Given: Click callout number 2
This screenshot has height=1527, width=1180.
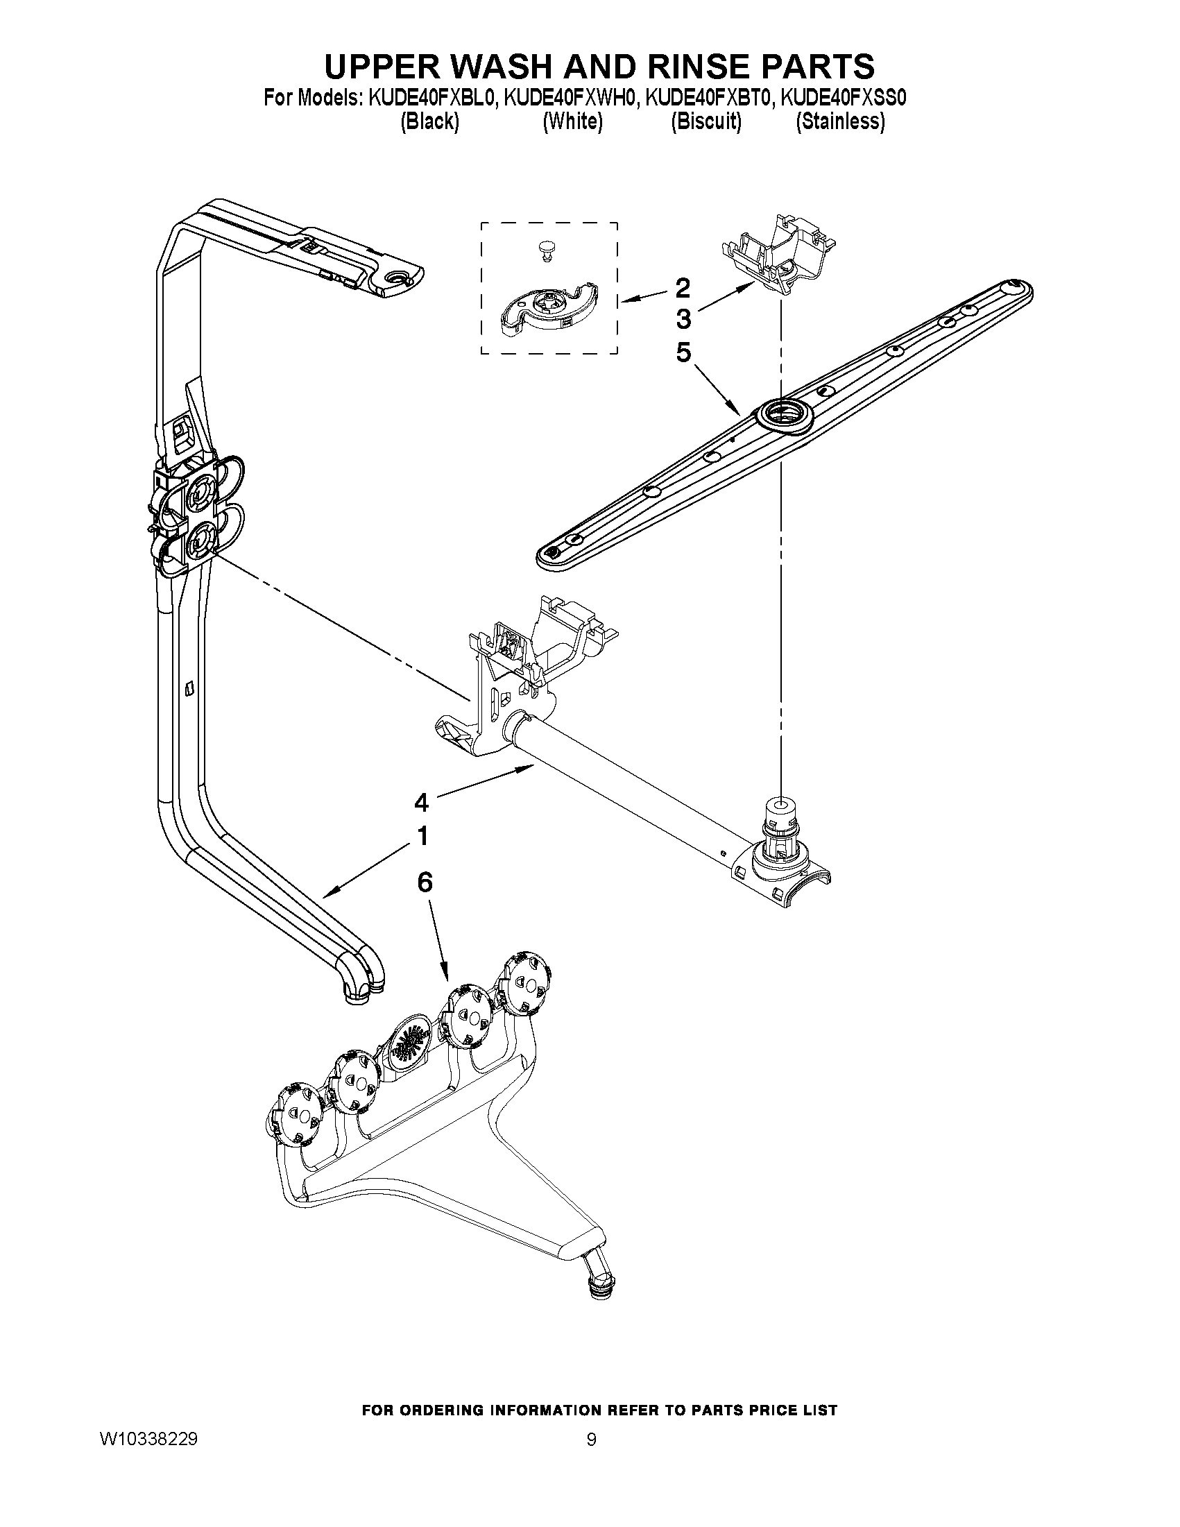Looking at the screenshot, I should tap(683, 288).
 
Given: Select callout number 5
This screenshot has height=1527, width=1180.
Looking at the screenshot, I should tap(683, 352).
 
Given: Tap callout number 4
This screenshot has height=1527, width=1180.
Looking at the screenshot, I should tap(421, 803).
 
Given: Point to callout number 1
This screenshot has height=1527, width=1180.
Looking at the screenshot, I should tap(422, 836).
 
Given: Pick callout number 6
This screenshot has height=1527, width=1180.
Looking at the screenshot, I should tap(425, 883).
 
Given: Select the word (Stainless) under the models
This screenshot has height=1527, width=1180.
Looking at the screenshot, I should tap(840, 121).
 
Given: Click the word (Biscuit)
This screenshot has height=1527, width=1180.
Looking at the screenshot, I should tap(706, 121).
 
